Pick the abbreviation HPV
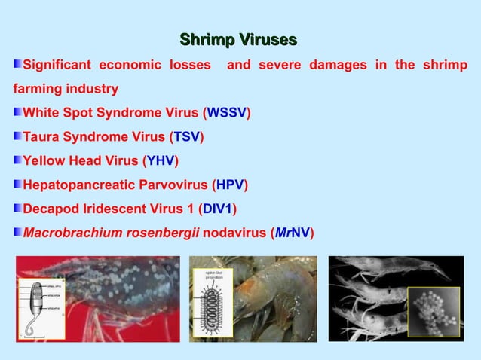pyautogui.click(x=231, y=184)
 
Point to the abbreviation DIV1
pyautogui.click(x=219, y=208)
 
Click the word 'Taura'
pyautogui.click(x=42, y=137)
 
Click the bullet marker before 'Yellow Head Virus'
pyautogui.click(x=17, y=160)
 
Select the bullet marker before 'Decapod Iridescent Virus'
pyautogui.click(x=17, y=208)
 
